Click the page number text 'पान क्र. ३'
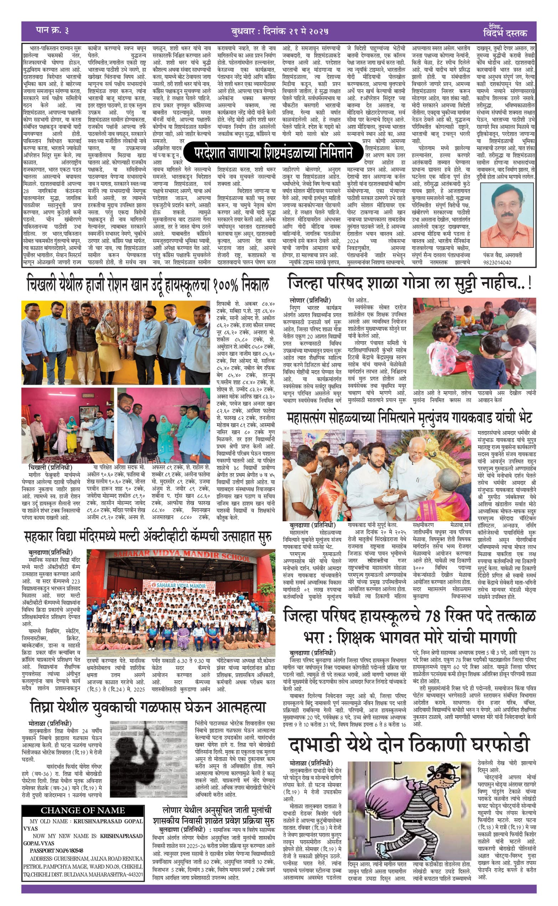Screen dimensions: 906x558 pyautogui.click(x=52, y=31)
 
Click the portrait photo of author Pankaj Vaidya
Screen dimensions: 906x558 pyautogui.click(x=507, y=215)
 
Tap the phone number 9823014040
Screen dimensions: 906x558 pyautogui.click(x=497, y=262)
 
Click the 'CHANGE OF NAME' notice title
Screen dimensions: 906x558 pyautogui.click(x=83, y=810)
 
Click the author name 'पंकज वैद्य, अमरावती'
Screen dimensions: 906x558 pyautogui.click(x=502, y=255)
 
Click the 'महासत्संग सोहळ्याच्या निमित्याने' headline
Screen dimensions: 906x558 pyautogui.click(x=409, y=418)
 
